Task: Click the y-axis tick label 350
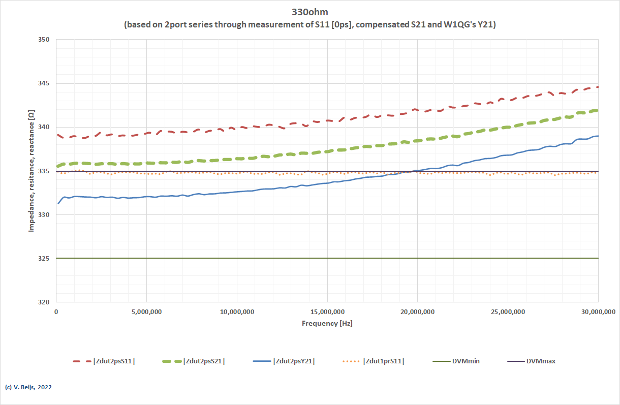45,40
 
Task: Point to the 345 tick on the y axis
45,83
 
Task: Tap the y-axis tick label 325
45,259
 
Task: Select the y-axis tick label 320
45,302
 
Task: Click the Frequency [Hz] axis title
327,323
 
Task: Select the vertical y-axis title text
31,171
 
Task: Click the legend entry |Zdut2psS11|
114,361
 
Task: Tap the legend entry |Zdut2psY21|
294,361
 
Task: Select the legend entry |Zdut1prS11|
384,361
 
